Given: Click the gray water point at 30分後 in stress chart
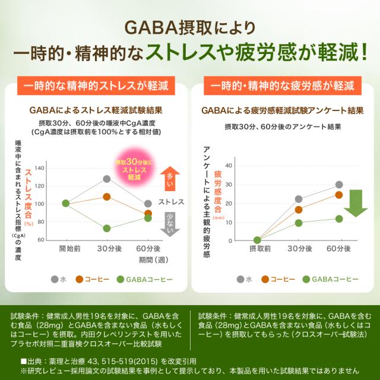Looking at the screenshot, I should (x=107, y=179).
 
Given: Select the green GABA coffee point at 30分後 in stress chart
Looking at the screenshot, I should (x=107, y=228).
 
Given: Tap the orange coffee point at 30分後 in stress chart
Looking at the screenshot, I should (x=107, y=197).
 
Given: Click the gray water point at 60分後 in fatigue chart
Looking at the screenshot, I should (x=338, y=185).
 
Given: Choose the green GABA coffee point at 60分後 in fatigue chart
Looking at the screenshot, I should (x=338, y=218).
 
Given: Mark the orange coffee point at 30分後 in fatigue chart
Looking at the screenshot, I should (x=299, y=210).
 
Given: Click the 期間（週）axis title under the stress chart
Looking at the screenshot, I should (x=154, y=259).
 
